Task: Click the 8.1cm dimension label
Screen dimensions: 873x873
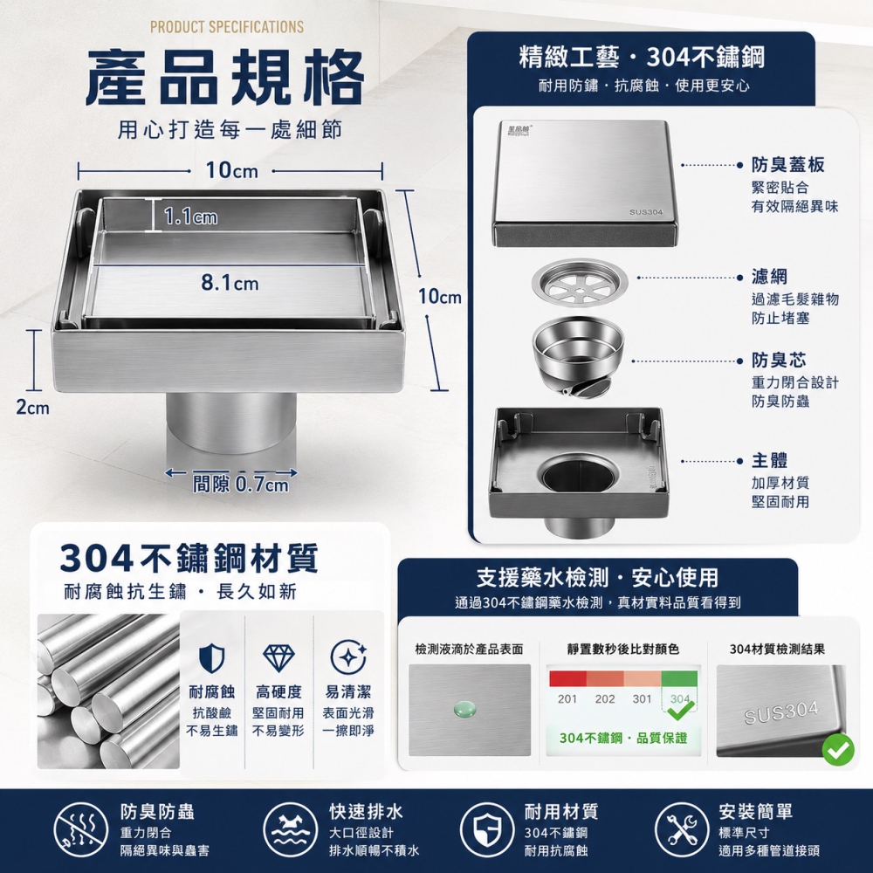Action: click(230, 283)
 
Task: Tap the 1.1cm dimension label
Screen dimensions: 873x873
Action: click(191, 216)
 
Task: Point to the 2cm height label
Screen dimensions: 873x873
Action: click(33, 408)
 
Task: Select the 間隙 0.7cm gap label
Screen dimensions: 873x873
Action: click(241, 484)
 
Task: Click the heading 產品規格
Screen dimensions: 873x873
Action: click(225, 78)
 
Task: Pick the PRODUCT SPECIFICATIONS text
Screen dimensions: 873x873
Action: click(227, 27)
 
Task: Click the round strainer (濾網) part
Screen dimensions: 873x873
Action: click(579, 283)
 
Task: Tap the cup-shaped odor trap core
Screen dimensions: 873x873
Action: click(578, 357)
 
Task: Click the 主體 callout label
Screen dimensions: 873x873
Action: click(769, 460)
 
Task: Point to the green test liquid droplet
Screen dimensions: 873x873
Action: click(465, 709)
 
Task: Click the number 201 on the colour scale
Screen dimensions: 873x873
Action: click(567, 698)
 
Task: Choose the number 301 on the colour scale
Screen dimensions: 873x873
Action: click(642, 698)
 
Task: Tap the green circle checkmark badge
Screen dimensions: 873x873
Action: click(838, 750)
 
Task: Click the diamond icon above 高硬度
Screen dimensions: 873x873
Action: click(278, 658)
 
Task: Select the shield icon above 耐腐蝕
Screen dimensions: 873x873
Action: click(211, 658)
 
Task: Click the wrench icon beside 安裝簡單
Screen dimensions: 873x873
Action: click(680, 829)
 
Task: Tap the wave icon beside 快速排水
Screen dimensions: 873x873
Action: click(290, 829)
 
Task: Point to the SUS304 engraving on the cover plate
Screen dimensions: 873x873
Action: click(646, 212)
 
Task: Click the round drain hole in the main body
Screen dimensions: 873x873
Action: click(578, 475)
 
